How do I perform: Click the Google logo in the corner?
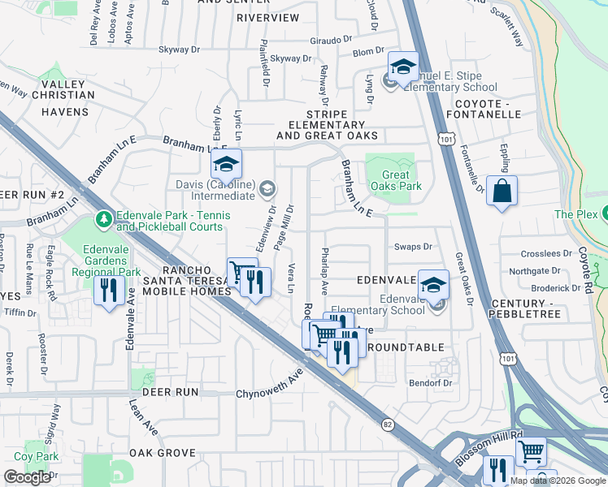pyautogui.click(x=27, y=477)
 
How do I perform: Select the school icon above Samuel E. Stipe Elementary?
pyautogui.click(x=402, y=68)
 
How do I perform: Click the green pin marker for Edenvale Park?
pyautogui.click(x=103, y=219)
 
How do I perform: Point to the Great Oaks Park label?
pyautogui.click(x=396, y=180)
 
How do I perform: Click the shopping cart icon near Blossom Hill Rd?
pyautogui.click(x=531, y=450)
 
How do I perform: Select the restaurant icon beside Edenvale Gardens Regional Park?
pyautogui.click(x=108, y=290)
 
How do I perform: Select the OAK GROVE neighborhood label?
pyautogui.click(x=163, y=452)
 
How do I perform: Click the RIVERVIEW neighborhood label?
pyautogui.click(x=263, y=16)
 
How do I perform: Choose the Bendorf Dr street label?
pyautogui.click(x=429, y=382)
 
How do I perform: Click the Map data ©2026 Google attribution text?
pyautogui.click(x=558, y=480)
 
